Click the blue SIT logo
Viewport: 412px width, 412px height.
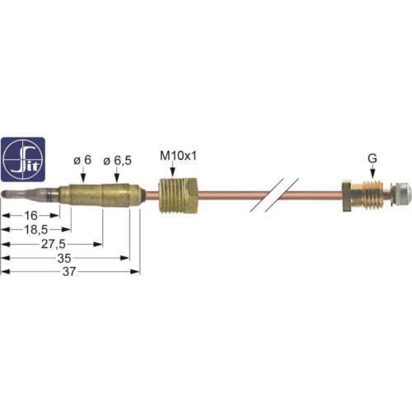tap(23, 159)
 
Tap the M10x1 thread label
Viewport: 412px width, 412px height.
tap(179, 157)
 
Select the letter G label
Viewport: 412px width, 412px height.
tap(372, 158)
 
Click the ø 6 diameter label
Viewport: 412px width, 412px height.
tap(82, 160)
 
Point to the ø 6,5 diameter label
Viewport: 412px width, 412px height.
tap(117, 161)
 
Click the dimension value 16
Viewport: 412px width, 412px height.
tap(30, 216)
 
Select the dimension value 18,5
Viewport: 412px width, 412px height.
tap(36, 230)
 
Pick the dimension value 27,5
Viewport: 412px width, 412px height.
tap(54, 244)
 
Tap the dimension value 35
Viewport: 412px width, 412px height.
tap(64, 258)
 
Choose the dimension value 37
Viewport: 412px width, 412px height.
tap(69, 272)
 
